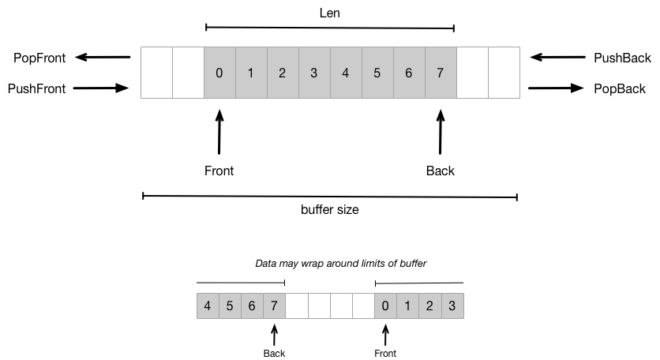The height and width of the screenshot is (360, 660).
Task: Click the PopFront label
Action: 39,58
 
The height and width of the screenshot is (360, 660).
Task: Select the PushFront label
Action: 36,88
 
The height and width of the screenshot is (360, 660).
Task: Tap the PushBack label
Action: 622,58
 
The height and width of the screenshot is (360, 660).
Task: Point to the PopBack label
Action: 620,88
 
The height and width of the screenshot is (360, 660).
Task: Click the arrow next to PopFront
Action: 103,57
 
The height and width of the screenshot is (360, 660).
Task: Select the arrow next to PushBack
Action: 557,57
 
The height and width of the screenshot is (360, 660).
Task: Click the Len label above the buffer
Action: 330,13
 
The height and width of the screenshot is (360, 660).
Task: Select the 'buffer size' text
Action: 330,211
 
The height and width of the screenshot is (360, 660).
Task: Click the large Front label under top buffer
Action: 219,171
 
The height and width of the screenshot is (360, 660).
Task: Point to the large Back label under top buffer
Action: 440,171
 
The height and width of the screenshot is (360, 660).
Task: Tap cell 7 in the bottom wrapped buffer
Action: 273,306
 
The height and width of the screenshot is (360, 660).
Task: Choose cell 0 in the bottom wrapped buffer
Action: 385,306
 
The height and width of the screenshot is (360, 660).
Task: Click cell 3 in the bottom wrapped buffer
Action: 452,306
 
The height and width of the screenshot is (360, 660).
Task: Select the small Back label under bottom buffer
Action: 274,353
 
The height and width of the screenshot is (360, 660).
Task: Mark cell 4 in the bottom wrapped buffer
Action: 208,306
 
